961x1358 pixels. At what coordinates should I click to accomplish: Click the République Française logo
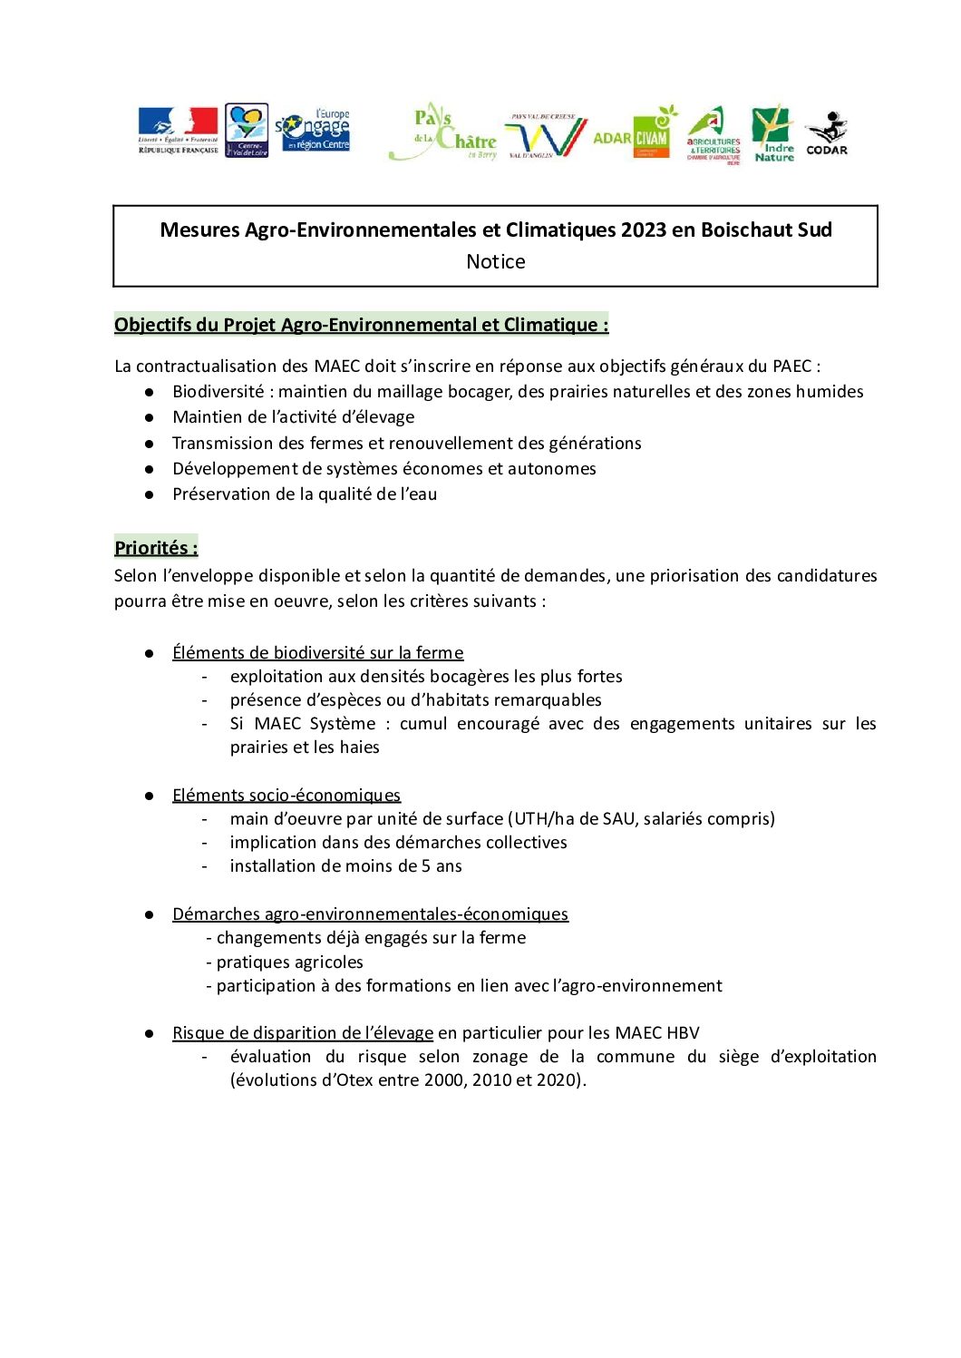(x=178, y=131)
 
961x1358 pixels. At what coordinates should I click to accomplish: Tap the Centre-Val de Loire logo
(x=246, y=131)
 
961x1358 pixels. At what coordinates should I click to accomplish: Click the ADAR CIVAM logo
(x=636, y=134)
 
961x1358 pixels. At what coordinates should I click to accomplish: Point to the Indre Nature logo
(x=772, y=134)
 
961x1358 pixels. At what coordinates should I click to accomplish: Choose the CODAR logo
(x=826, y=133)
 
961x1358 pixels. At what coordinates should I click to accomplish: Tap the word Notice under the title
(x=495, y=261)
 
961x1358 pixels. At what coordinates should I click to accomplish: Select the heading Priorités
(x=156, y=548)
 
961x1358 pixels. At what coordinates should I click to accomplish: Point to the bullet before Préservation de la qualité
(x=149, y=494)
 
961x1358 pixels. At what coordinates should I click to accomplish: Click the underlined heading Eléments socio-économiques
(x=286, y=796)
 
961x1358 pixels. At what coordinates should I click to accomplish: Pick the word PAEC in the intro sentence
(x=791, y=366)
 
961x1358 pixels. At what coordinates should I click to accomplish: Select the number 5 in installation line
(x=426, y=866)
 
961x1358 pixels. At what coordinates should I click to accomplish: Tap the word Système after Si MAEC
(x=342, y=724)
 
